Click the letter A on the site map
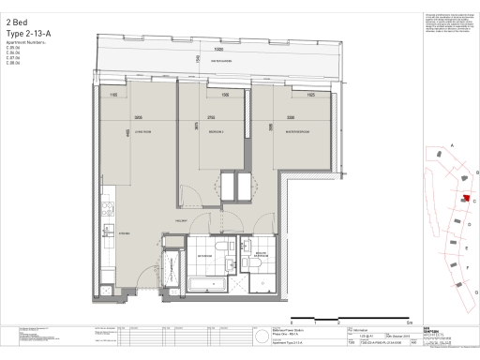[451, 146]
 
